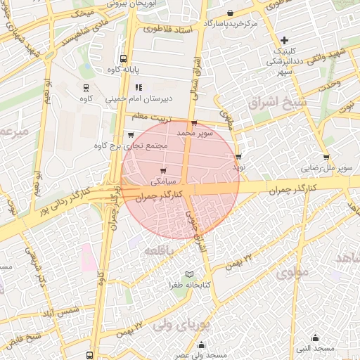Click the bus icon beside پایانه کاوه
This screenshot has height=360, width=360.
[x=124, y=59]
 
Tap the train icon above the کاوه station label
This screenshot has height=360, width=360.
[x=86, y=88]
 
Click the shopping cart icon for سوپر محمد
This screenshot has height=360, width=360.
[x=193, y=123]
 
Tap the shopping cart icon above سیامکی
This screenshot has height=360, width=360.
[x=164, y=171]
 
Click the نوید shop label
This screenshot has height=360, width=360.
[x=238, y=168]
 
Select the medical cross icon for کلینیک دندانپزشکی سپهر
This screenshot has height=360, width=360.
[x=284, y=39]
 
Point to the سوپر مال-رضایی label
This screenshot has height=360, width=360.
[x=326, y=168]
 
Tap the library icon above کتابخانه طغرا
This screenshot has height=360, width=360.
[x=188, y=274]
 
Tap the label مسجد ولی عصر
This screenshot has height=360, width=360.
[x=202, y=356]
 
